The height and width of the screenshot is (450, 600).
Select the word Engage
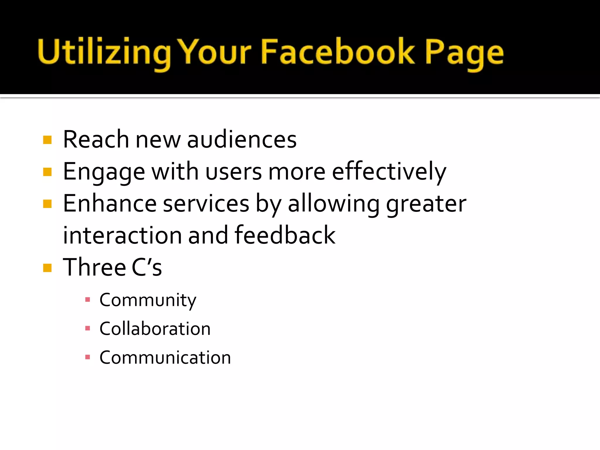pos(104,172)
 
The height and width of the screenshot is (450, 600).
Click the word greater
pos(426,204)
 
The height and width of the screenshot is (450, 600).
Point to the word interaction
pos(122,236)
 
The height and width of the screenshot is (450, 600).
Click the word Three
pos(94,267)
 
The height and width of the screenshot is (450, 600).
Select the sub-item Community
pos(148,300)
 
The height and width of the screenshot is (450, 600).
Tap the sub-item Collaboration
pos(155,329)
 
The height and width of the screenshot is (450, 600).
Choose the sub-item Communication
pos(165,358)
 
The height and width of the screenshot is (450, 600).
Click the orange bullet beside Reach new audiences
pos(47,140)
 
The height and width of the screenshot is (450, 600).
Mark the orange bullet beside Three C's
pos(47,268)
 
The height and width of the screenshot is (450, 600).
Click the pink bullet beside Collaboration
pos(87,328)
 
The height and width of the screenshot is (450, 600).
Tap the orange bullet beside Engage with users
pos(47,172)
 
